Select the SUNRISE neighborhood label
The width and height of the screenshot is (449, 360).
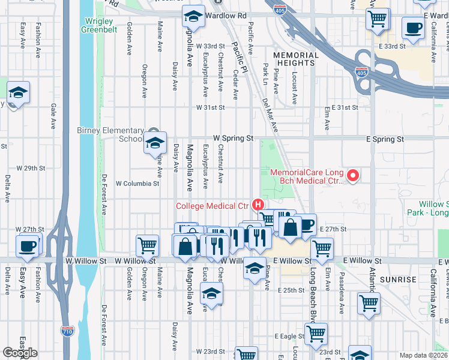pyautogui.click(x=398, y=280)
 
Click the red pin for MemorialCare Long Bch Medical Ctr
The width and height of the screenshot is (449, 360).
pyautogui.click(x=353, y=176)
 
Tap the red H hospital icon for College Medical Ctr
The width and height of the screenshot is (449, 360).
pyautogui.click(x=259, y=205)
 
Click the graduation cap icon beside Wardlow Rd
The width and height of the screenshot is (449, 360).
pyautogui.click(x=193, y=16)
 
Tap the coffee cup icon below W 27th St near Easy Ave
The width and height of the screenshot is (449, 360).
pyautogui.click(x=27, y=246)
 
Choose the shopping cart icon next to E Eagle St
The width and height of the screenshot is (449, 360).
pyautogui.click(x=316, y=334)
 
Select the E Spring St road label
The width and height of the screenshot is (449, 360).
pyautogui.click(x=385, y=139)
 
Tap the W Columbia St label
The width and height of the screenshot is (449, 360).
pyautogui.click(x=137, y=184)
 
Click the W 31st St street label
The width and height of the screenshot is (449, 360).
pyautogui.click(x=211, y=107)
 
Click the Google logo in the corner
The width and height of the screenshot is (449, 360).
pyautogui.click(x=20, y=353)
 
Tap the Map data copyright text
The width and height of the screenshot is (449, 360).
pyautogui.click(x=424, y=355)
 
